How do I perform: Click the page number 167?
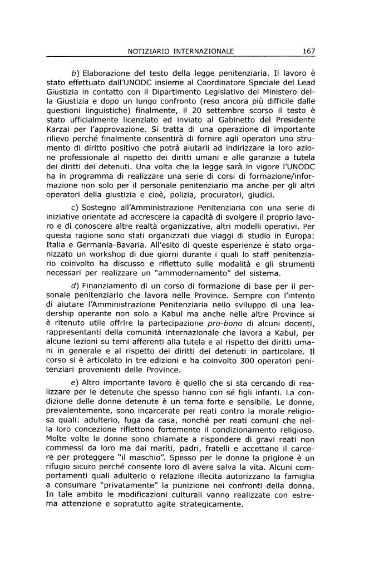click(x=309, y=51)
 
